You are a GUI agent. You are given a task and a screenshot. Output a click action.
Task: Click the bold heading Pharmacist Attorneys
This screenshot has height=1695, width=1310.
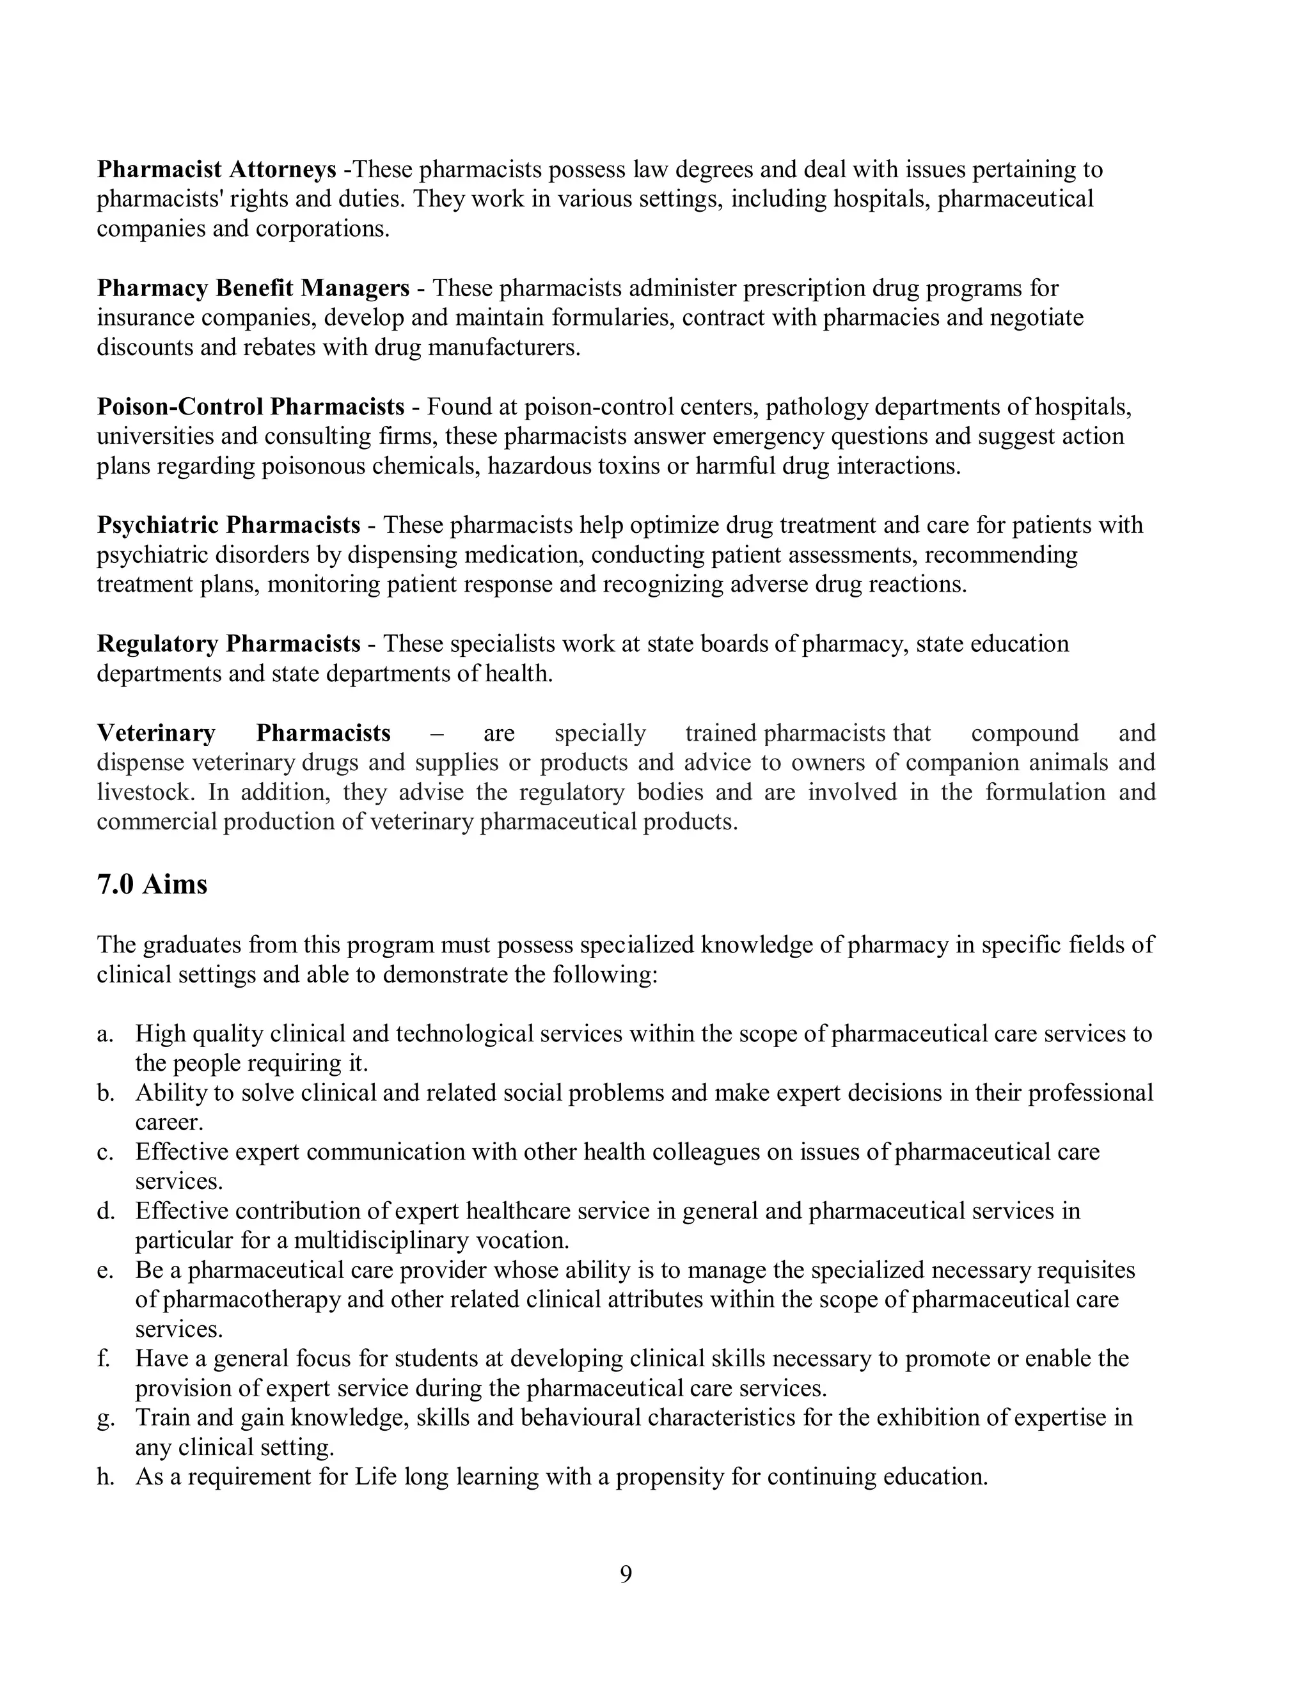tap(217, 170)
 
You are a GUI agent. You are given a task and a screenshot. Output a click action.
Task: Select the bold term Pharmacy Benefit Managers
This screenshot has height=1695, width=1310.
tap(253, 288)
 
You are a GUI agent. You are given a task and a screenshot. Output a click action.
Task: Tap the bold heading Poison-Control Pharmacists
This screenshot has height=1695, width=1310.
tap(250, 407)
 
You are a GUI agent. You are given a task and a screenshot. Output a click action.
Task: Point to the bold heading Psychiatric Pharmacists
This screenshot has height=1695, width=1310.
tap(228, 525)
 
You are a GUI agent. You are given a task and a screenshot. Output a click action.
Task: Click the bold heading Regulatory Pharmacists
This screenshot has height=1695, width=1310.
tap(228, 644)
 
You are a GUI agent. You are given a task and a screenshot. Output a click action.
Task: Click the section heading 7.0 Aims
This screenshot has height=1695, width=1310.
tap(152, 885)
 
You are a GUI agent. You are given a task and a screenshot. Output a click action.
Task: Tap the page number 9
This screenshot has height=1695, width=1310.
tap(626, 1574)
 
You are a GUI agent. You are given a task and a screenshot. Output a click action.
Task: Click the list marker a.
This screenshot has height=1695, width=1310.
tap(105, 1034)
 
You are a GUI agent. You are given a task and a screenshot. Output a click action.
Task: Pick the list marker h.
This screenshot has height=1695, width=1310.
tap(106, 1477)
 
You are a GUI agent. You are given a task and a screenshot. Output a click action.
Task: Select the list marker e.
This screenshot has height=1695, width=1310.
tap(105, 1270)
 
